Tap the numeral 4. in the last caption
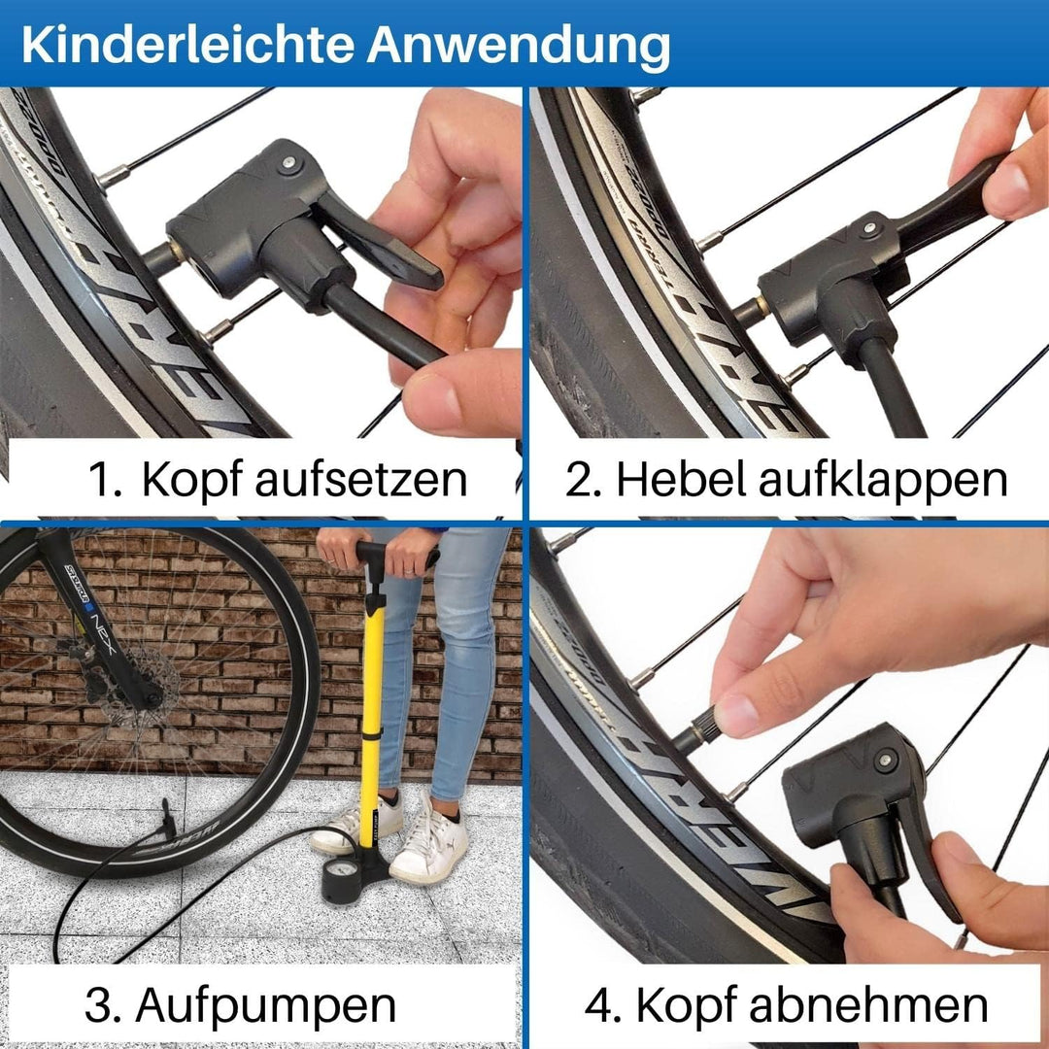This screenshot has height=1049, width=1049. pyautogui.click(x=602, y=1005)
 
